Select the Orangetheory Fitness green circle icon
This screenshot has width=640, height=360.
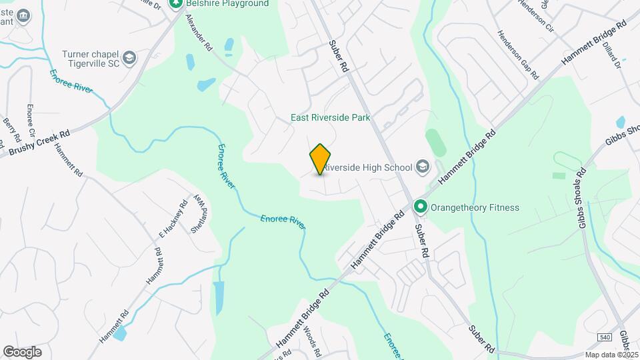pyautogui.click(x=421, y=207)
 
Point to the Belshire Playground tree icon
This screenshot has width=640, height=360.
pyautogui.click(x=176, y=4)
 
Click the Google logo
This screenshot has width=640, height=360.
pyautogui.click(x=22, y=351)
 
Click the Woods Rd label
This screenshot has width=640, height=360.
pyautogui.click(x=312, y=340)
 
